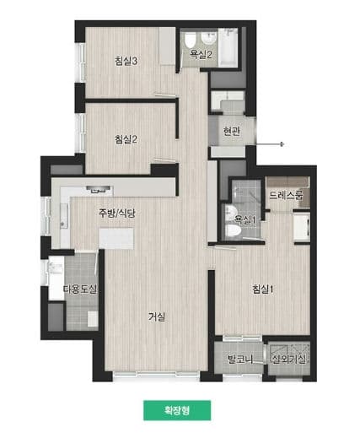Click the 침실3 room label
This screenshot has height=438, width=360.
(x=126, y=61)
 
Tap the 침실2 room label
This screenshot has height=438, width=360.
(x=126, y=139)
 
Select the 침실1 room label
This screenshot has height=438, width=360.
(x=263, y=289)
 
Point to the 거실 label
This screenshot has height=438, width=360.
(x=157, y=317)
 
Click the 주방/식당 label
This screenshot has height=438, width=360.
(x=116, y=213)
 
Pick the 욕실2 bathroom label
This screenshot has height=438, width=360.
(x=201, y=54)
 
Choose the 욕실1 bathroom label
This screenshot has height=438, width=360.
(x=245, y=220)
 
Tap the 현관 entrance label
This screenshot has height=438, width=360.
(x=232, y=131)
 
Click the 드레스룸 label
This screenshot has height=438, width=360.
(x=286, y=195)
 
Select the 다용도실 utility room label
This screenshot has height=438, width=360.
(x=80, y=289)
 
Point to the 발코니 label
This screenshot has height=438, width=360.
(x=240, y=360)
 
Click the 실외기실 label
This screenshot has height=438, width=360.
(x=288, y=359)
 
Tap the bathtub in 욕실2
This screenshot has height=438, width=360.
(x=228, y=47)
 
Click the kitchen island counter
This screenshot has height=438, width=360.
(x=116, y=239)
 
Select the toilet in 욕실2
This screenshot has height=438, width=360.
(x=191, y=41)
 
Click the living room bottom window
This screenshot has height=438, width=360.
(x=156, y=374)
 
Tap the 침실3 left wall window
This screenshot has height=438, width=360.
(x=82, y=62)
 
